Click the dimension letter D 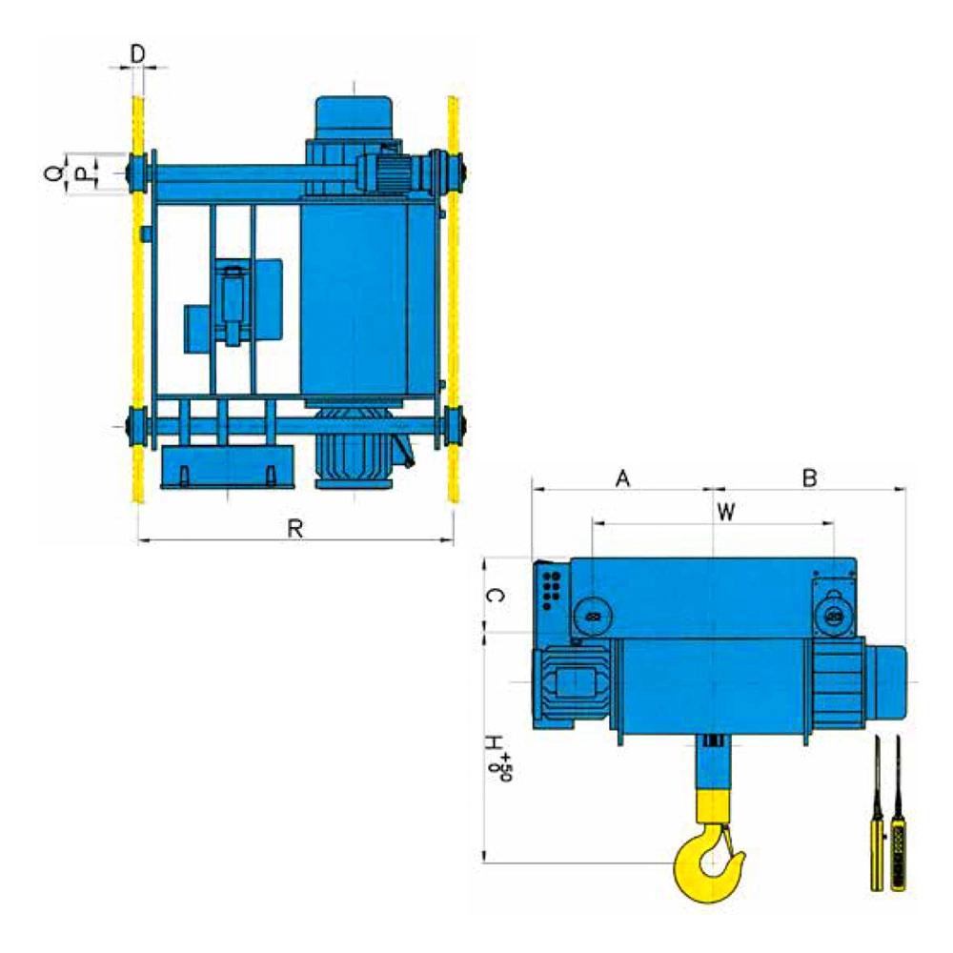pyautogui.click(x=138, y=54)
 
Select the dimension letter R pyautogui.click(x=294, y=528)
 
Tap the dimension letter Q pyautogui.click(x=53, y=173)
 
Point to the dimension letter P pyautogui.click(x=81, y=175)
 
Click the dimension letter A pyautogui.click(x=622, y=479)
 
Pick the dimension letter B pyautogui.click(x=809, y=478)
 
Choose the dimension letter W pyautogui.click(x=725, y=513)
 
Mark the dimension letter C pyautogui.click(x=496, y=595)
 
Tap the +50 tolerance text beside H pyautogui.click(x=501, y=767)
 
